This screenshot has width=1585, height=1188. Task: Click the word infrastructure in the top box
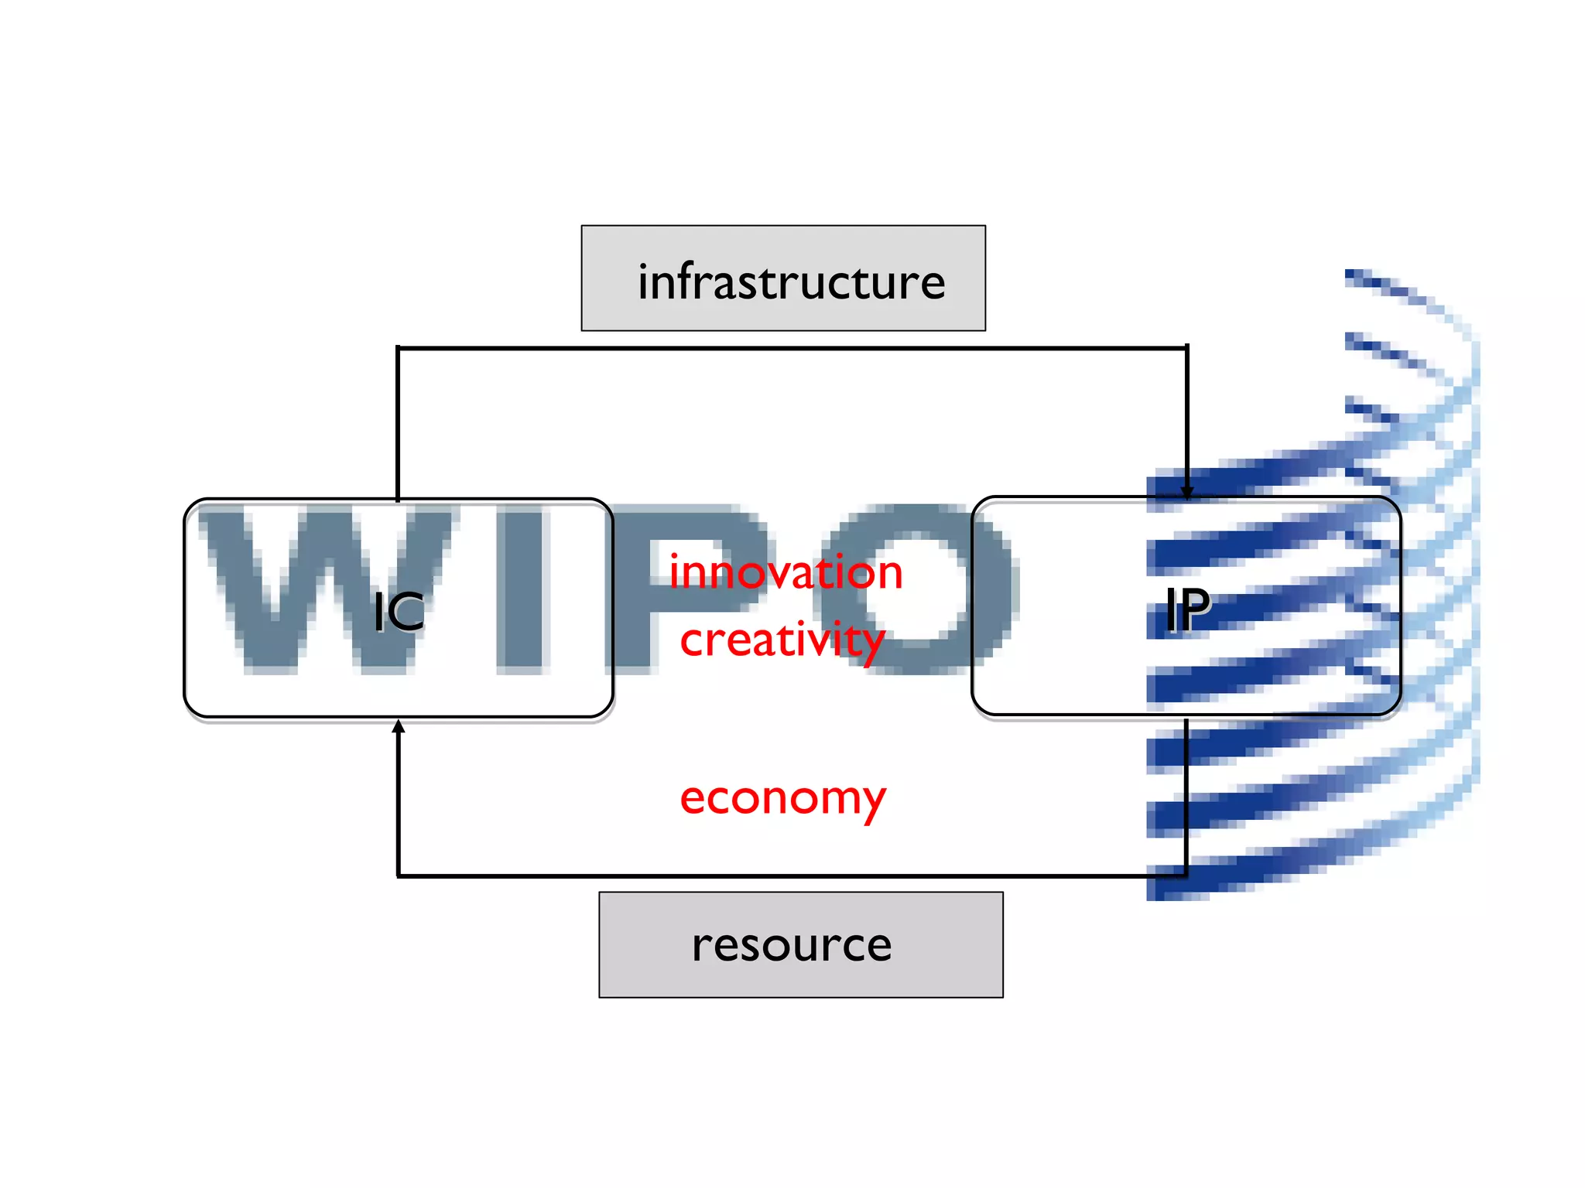point(791,282)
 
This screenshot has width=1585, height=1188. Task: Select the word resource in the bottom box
point(792,945)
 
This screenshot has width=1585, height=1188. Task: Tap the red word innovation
point(786,573)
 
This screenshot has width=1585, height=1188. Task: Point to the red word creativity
point(782,640)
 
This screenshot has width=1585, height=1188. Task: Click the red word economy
point(782,799)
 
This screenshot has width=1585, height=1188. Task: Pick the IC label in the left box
point(399,612)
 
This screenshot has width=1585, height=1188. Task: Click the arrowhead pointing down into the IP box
point(1186,492)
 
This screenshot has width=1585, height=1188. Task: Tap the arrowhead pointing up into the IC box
point(399,726)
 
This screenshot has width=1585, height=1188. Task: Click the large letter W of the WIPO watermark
point(310,588)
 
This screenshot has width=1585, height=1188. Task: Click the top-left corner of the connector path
point(398,349)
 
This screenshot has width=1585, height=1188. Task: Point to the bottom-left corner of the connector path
point(399,876)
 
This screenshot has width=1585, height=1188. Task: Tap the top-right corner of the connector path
point(1186,349)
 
